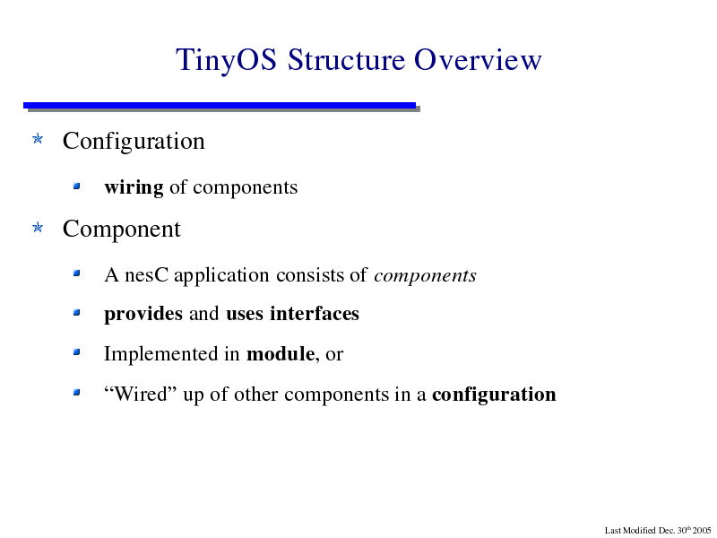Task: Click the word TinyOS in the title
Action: tap(227, 60)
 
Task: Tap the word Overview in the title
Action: tap(478, 59)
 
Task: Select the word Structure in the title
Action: tap(346, 59)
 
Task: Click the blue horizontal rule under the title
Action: tap(220, 105)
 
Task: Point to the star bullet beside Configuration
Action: tap(38, 139)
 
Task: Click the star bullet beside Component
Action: tap(38, 227)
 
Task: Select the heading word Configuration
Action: tap(134, 142)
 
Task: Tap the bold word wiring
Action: tap(134, 187)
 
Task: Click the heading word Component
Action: tap(122, 230)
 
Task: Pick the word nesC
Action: tap(146, 275)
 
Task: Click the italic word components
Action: tap(425, 276)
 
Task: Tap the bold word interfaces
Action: tap(315, 314)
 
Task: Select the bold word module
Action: tap(281, 354)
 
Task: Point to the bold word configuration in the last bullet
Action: tap(494, 395)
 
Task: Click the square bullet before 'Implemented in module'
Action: tap(76, 352)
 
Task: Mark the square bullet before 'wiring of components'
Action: tap(76, 186)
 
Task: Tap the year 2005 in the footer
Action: tap(702, 531)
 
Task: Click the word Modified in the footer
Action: tap(639, 531)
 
